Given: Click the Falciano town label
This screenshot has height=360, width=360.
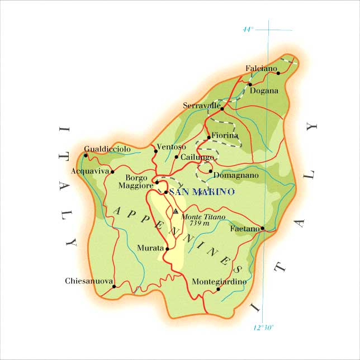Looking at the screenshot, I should [261, 68].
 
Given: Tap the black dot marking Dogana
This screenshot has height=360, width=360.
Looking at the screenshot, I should [250, 85].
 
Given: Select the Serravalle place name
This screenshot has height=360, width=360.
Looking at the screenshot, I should [202, 105].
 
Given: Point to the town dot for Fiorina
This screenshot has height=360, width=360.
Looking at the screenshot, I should [209, 137].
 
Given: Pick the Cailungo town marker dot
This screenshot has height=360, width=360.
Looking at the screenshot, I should [177, 157].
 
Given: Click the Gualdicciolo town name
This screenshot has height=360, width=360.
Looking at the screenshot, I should [107, 149].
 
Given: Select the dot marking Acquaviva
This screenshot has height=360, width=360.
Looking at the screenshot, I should [112, 172].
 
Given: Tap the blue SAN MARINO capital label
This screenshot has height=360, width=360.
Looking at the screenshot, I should [202, 192].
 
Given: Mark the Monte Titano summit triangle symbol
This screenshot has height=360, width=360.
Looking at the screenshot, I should [176, 211].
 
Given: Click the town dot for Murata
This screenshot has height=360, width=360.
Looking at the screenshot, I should [167, 248].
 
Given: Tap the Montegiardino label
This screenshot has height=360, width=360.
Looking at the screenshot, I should [219, 281].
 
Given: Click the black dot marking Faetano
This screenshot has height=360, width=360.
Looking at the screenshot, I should [262, 228].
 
